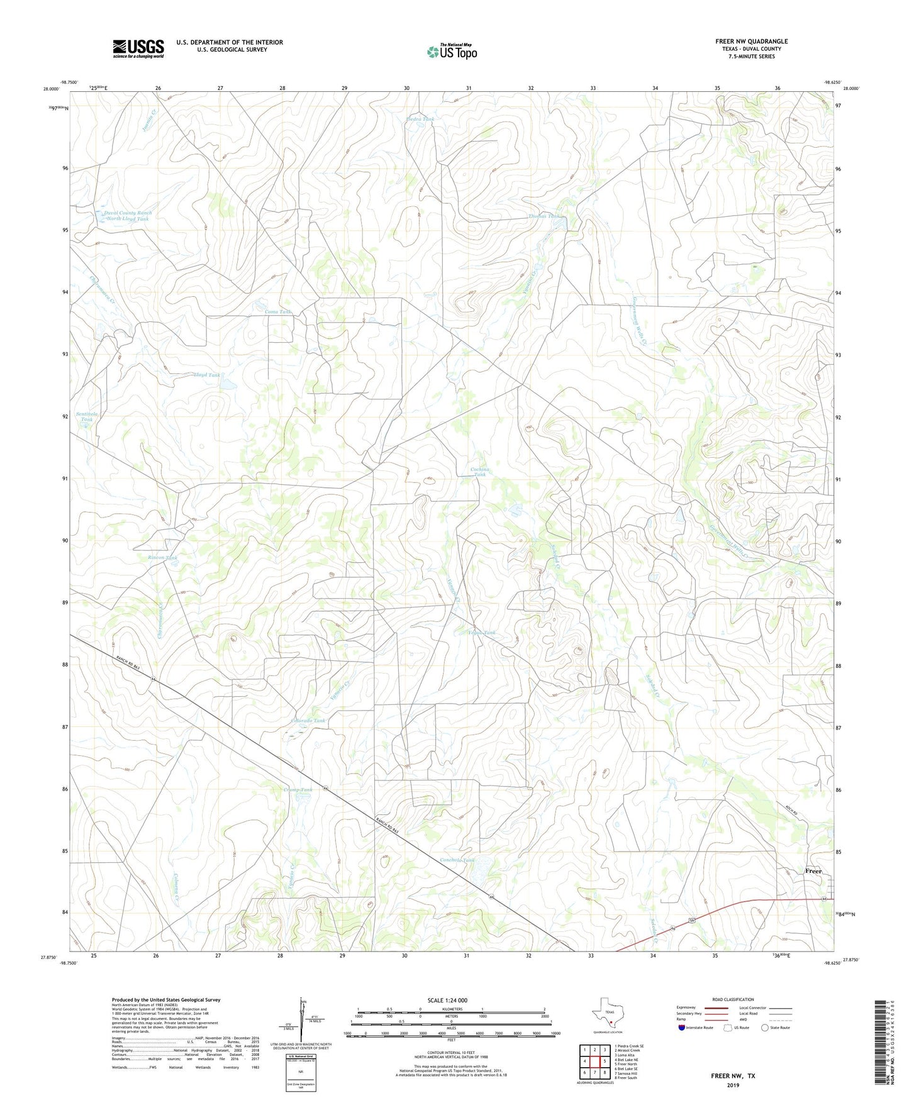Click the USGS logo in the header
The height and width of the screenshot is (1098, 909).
pyautogui.click(x=138, y=48)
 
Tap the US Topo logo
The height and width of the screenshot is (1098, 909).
pyautogui.click(x=452, y=52)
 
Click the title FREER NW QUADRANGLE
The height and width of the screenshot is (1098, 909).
pyautogui.click(x=751, y=42)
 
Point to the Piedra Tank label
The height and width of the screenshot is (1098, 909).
pyautogui.click(x=421, y=119)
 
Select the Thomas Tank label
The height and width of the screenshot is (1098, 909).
pyautogui.click(x=544, y=216)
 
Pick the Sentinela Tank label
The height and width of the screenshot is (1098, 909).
pyautogui.click(x=87, y=418)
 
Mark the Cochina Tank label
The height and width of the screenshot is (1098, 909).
pyautogui.click(x=480, y=472)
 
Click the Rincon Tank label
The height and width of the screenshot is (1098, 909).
pyautogui.click(x=163, y=558)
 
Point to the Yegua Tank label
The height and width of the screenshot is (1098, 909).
pyautogui.click(x=482, y=633)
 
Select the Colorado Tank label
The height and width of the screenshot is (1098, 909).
pyautogui.click(x=308, y=721)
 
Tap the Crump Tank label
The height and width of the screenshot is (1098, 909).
pyautogui.click(x=298, y=790)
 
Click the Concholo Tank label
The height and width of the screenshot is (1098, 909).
pyautogui.click(x=456, y=860)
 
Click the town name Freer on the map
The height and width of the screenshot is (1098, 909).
pyautogui.click(x=813, y=871)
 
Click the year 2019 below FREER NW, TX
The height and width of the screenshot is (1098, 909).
pyautogui.click(x=733, y=1085)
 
